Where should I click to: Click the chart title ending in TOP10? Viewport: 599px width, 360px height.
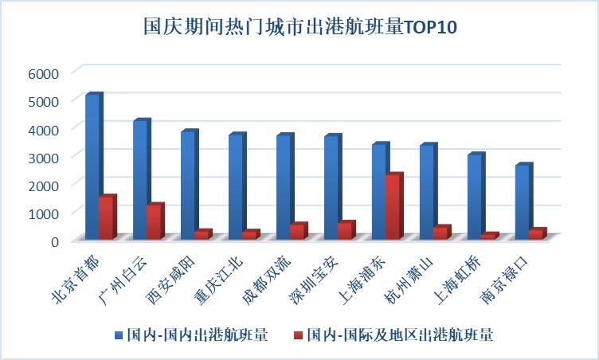[x=299, y=26]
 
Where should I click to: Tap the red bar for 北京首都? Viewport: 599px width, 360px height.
[x=106, y=217]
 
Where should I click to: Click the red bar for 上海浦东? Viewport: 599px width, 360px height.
[x=392, y=206]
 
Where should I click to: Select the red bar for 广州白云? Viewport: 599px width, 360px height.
[x=154, y=222]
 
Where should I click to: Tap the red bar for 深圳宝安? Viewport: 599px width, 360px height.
[x=344, y=230]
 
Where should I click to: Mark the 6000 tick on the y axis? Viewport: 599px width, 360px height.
[x=45, y=72]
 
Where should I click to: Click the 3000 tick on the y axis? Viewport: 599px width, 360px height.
[x=45, y=156]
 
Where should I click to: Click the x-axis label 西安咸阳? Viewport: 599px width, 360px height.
[x=171, y=279]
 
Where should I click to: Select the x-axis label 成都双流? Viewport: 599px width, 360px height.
[x=267, y=279]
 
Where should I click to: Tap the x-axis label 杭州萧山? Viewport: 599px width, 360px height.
[x=410, y=279]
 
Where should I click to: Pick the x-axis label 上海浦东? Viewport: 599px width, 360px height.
[x=362, y=279]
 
